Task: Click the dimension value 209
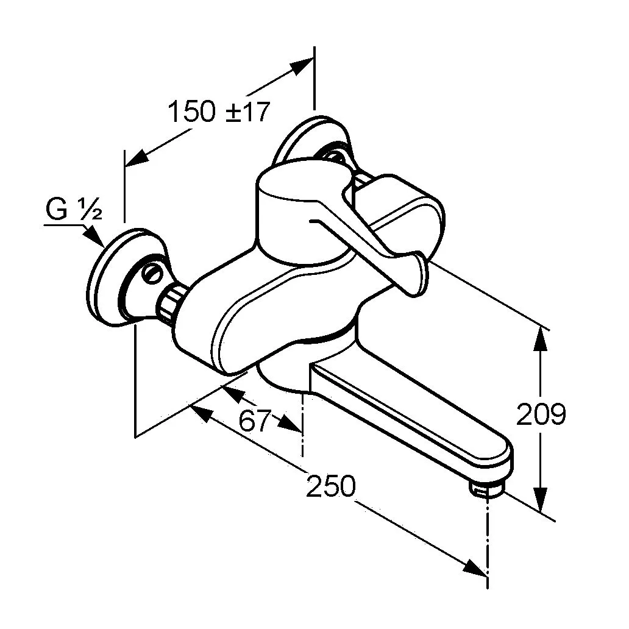pos(541,414)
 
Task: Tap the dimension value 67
pos(255,421)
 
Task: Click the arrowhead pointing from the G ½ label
pos(96,236)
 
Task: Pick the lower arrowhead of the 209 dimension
pos(541,500)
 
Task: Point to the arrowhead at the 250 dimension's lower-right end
pos(475,569)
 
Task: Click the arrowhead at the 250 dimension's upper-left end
pos(202,413)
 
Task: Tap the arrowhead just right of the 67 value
pos(290,424)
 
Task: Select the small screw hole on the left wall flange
pos(152,274)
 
